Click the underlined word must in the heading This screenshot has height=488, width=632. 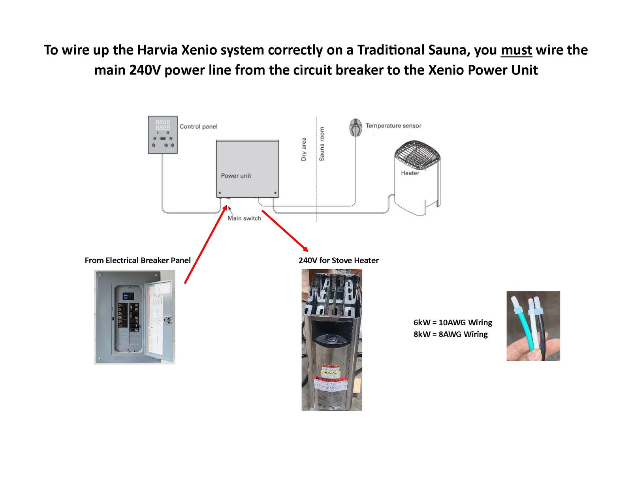516,51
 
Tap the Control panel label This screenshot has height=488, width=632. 198,126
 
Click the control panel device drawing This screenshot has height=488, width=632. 163,135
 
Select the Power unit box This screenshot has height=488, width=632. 247,168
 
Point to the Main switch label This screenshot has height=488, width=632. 244,218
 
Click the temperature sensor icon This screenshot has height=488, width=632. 355,127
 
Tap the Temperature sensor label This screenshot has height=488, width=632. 393,126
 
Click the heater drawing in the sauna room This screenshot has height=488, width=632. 417,177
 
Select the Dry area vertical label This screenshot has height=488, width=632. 303,149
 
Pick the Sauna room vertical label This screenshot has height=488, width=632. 322,144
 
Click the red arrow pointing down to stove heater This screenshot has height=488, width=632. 285,231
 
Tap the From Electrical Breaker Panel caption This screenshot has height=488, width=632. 137,260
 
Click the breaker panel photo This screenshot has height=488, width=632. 134,317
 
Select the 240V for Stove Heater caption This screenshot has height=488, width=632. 339,260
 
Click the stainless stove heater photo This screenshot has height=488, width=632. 332,340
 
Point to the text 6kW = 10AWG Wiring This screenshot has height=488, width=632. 453,322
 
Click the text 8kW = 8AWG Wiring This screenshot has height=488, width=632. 450,334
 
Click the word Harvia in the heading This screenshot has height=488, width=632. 157,51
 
